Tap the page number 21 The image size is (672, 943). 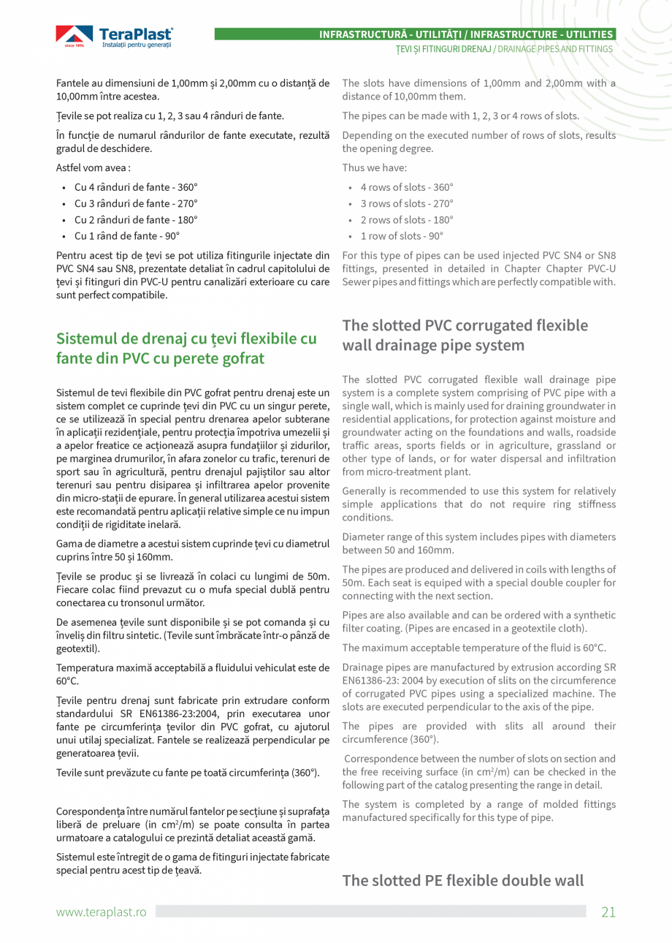tap(608, 911)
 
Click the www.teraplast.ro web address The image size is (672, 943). tap(102, 912)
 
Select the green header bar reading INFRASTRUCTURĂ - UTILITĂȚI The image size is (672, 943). tap(414, 34)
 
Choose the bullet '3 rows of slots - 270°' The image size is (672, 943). tap(406, 204)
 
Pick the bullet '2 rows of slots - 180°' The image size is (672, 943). tap(406, 220)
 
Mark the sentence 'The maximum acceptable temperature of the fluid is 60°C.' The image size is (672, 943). tap(474, 648)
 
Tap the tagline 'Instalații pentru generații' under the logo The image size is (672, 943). tap(137, 45)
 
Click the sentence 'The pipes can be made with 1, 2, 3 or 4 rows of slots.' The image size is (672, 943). tap(460, 115)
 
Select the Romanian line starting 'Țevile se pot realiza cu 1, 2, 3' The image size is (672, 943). tap(170, 115)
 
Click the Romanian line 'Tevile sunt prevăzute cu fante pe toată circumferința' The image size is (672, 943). tap(188, 773)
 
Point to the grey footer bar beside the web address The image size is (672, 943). tap(370, 911)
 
